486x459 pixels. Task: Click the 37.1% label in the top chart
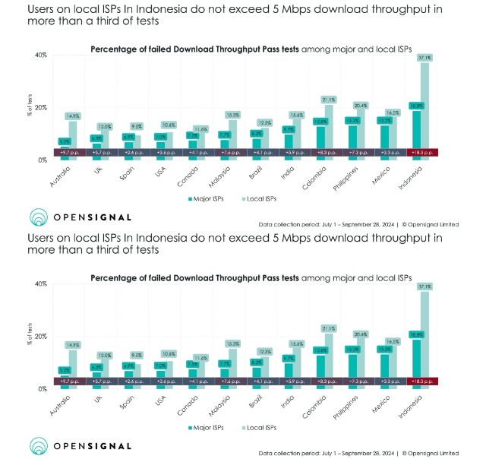(424, 57)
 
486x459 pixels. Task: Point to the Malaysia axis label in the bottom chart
(219, 404)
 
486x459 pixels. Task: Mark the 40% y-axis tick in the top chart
(40, 55)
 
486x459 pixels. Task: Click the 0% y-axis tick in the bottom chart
(42, 389)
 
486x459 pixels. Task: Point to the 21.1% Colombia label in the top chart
(328, 100)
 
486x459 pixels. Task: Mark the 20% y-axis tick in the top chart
(40, 108)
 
